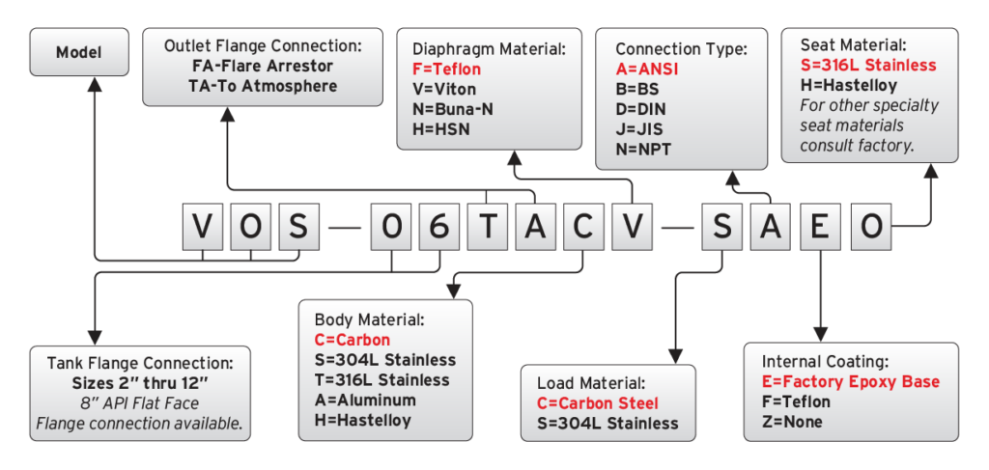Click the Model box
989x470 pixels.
pyautogui.click(x=78, y=52)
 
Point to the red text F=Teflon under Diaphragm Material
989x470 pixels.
pyautogui.click(x=446, y=69)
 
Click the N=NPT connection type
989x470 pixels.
pyautogui.click(x=643, y=149)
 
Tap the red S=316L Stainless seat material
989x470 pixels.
pyautogui.click(x=868, y=65)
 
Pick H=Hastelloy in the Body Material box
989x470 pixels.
pyautogui.click(x=363, y=420)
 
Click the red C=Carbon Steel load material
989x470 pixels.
pyautogui.click(x=598, y=402)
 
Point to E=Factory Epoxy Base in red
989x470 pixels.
pyautogui.click(x=851, y=382)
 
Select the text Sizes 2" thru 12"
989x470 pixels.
pyautogui.click(x=140, y=383)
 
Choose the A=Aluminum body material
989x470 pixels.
pyautogui.click(x=365, y=400)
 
